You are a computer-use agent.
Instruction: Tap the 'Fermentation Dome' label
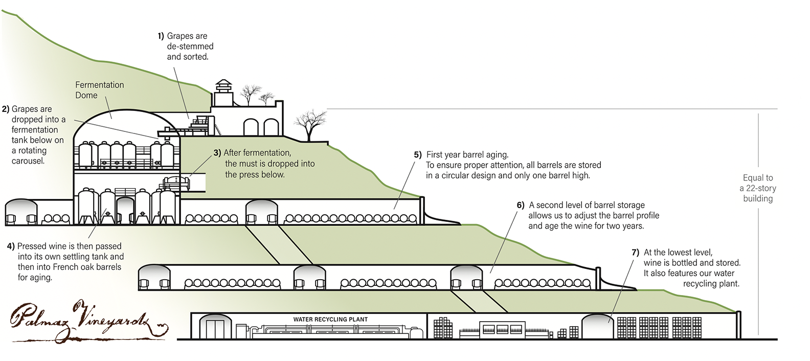coord(99,90)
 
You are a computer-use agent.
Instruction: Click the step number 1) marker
coord(161,36)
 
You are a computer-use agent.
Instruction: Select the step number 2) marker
coord(6,109)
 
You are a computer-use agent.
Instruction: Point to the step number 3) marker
coord(217,153)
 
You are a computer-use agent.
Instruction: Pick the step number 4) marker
coord(11,246)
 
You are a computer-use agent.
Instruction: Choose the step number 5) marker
coord(417,154)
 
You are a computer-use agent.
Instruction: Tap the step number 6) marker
coord(521,205)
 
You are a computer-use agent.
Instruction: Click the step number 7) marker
coord(636,252)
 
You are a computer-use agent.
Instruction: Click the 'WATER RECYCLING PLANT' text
coord(330,320)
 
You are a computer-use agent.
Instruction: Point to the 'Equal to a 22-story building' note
coord(758,188)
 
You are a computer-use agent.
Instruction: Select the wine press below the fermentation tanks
coord(175,183)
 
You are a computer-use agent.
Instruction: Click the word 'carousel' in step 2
coord(28,161)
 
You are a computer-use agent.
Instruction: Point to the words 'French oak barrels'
coord(87,267)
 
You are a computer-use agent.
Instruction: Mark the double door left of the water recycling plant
coord(215,328)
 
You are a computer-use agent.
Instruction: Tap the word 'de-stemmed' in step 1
coord(190,47)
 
